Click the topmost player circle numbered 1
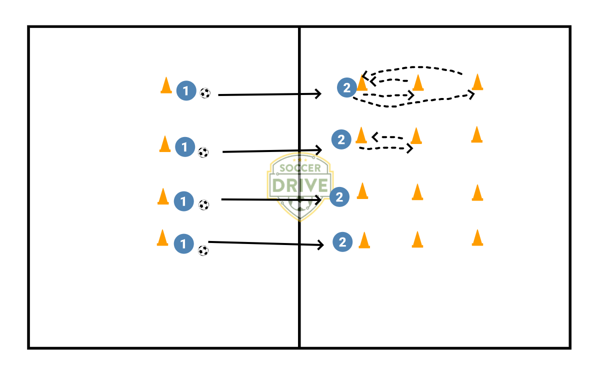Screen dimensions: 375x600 tap(186, 91)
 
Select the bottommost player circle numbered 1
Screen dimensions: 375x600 tap(183, 244)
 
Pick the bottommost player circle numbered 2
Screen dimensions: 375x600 tap(342, 242)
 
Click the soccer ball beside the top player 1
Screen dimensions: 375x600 tap(205, 93)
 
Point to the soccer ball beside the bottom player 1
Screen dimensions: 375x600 tap(203, 250)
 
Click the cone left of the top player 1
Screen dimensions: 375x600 tap(166, 85)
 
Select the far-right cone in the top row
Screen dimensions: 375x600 tap(477, 82)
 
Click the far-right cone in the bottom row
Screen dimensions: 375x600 tap(477, 238)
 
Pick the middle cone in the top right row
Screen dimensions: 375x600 tap(418, 83)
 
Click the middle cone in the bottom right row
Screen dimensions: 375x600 tap(417, 239)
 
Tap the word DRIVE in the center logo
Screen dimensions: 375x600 tap(299, 184)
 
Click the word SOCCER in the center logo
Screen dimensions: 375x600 tap(299, 168)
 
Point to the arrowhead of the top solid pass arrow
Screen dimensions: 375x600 tap(318, 93)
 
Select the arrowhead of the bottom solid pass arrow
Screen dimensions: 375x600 tap(320, 244)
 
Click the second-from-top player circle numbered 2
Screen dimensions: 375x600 tap(341, 139)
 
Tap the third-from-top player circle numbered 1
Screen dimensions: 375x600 tap(183, 201)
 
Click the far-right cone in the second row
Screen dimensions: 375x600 tap(477, 134)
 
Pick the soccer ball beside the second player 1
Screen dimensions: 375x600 tap(203, 152)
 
